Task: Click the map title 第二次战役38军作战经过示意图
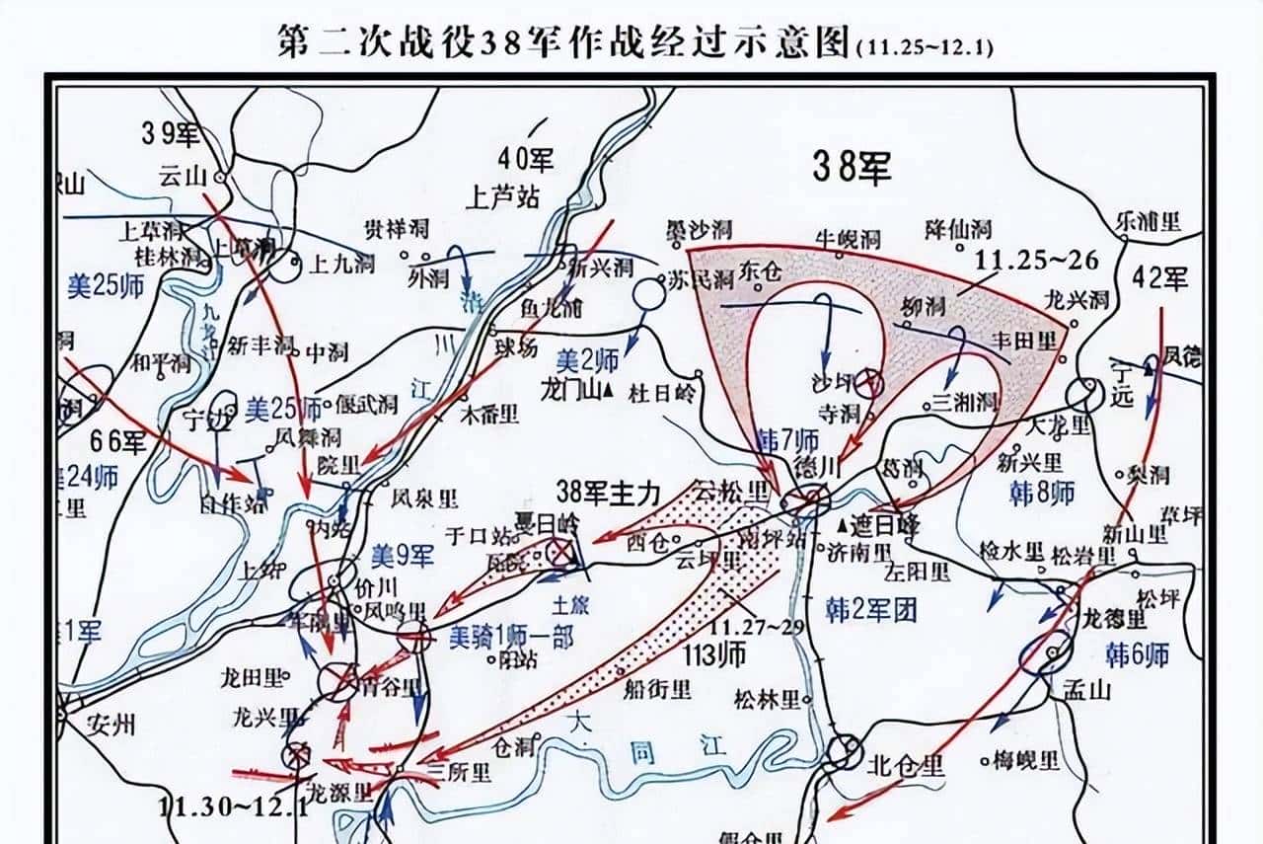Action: (563, 44)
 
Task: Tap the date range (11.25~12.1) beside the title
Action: (925, 47)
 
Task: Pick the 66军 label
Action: (118, 441)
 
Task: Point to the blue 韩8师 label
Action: (1042, 493)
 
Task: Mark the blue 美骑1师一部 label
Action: (510, 637)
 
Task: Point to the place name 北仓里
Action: (906, 765)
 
